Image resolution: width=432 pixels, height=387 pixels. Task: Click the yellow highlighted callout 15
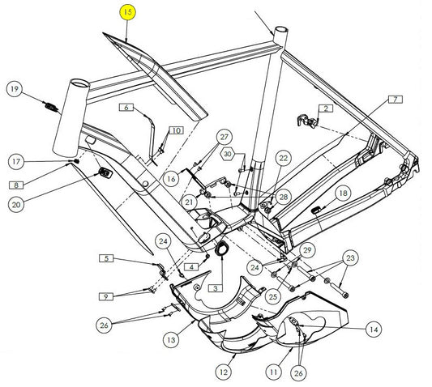coord(128,13)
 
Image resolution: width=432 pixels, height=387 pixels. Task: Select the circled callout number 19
coord(15,88)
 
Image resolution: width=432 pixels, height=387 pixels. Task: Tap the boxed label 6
coord(126,107)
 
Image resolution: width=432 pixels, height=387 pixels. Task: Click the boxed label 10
coord(177,130)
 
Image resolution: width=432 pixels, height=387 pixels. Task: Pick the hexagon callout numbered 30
coord(228,154)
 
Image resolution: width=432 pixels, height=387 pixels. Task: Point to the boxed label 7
coord(396,100)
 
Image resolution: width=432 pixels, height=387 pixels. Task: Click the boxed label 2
coord(326,108)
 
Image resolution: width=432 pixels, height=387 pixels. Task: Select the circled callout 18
coord(343,193)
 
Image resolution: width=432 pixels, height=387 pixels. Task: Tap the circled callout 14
coord(374,330)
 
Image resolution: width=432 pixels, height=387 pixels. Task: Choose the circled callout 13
coord(171,340)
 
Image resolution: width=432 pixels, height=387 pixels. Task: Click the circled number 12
coord(224,372)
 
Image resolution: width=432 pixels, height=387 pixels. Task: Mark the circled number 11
coord(274,372)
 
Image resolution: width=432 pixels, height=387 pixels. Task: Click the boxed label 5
coord(106,258)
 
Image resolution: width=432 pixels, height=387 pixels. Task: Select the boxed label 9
coord(106,296)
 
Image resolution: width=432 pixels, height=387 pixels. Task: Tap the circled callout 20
coord(16,205)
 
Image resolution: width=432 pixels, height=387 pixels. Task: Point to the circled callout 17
coord(16,161)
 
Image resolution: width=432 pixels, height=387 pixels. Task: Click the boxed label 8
coord(16,185)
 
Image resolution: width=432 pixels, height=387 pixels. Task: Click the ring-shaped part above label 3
coord(221,249)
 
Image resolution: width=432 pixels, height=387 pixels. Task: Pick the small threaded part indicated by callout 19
coord(51,107)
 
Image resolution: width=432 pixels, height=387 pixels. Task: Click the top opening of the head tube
coord(79,83)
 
